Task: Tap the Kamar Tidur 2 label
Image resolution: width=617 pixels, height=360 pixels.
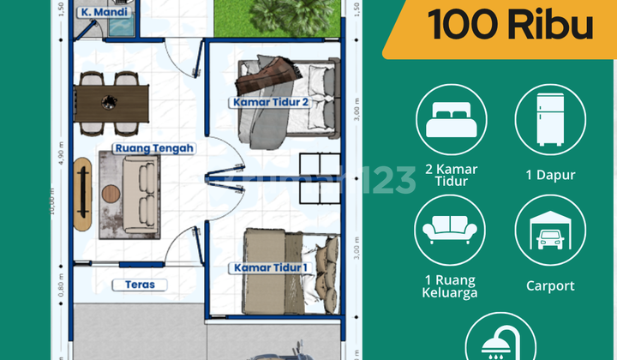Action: pos(269,102)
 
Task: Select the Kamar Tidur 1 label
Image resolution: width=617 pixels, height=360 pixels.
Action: pos(269,268)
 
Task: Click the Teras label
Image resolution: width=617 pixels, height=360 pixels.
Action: pos(138,285)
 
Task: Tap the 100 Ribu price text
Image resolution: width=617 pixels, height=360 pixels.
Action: pos(511,27)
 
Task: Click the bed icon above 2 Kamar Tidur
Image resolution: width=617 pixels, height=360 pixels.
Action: pos(451,119)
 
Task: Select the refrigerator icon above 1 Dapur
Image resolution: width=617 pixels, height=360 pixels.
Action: pos(550,119)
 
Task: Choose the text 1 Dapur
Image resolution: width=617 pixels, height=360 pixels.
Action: pos(550,175)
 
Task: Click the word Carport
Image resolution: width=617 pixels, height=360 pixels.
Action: pos(550,285)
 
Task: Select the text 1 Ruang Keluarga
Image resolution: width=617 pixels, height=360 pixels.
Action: pos(451,286)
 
